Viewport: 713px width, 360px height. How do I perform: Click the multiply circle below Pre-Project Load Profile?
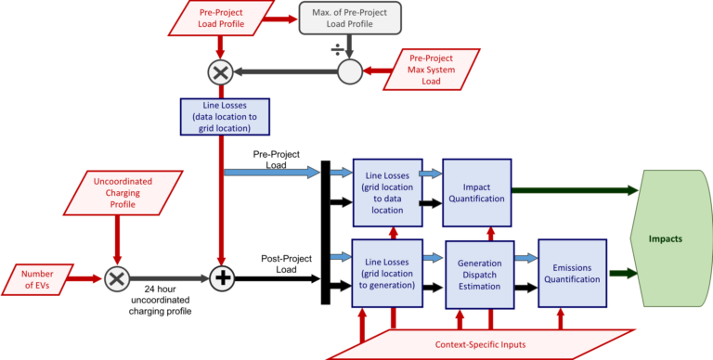tap(222, 71)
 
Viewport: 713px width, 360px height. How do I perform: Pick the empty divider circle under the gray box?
tap(349, 71)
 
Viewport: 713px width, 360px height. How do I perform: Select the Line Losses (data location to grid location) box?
tap(224, 116)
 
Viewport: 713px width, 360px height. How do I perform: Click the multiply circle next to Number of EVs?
tap(116, 278)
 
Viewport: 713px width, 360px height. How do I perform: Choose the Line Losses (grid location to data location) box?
tap(387, 192)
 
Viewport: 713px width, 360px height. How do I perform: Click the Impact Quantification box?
tap(477, 192)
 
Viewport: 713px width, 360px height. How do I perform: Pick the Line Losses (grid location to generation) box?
tap(387, 273)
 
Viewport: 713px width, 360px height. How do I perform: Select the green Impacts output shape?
tap(667, 238)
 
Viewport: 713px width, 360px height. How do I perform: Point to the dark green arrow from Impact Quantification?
tap(575, 191)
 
